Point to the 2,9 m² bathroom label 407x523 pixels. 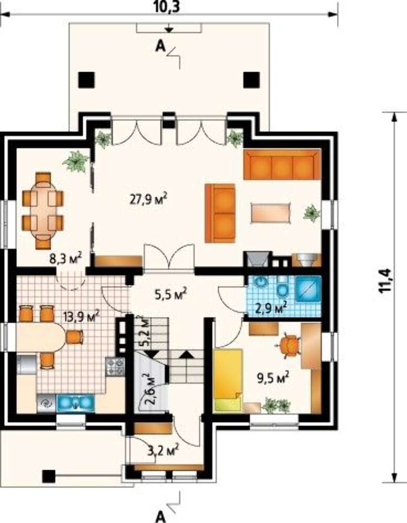pos(271,307)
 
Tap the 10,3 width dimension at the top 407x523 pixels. pos(167,7)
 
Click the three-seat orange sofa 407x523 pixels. pos(282,165)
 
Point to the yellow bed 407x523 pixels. pos(228,380)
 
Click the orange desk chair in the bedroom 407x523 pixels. pos(289,345)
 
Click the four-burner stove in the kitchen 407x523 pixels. pos(115,366)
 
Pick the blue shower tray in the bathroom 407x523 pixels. pos(308,289)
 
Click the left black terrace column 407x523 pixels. pos(86,80)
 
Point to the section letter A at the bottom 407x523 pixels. pos(161,516)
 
